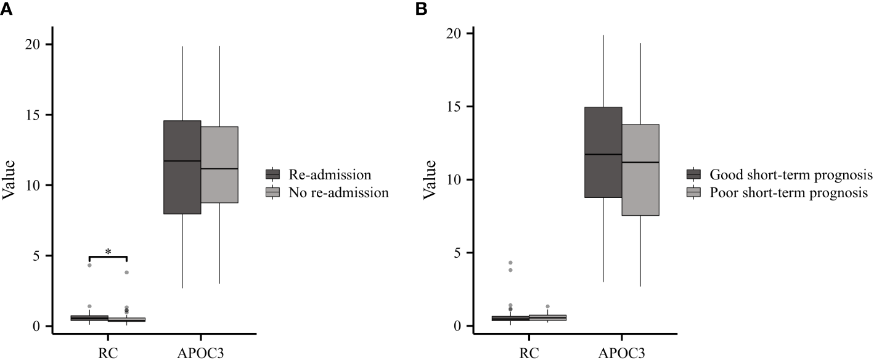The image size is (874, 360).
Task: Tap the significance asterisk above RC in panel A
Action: click(x=108, y=252)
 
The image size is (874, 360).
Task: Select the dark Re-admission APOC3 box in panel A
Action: click(x=182, y=167)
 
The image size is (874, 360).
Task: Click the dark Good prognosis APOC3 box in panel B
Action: click(x=603, y=152)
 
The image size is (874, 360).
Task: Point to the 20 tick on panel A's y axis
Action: click(x=34, y=45)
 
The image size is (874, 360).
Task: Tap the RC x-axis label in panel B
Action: click(x=528, y=353)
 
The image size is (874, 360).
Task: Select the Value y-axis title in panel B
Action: click(x=429, y=179)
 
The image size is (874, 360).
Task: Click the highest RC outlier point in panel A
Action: click(x=89, y=265)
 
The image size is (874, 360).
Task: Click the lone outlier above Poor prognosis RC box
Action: click(x=547, y=306)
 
